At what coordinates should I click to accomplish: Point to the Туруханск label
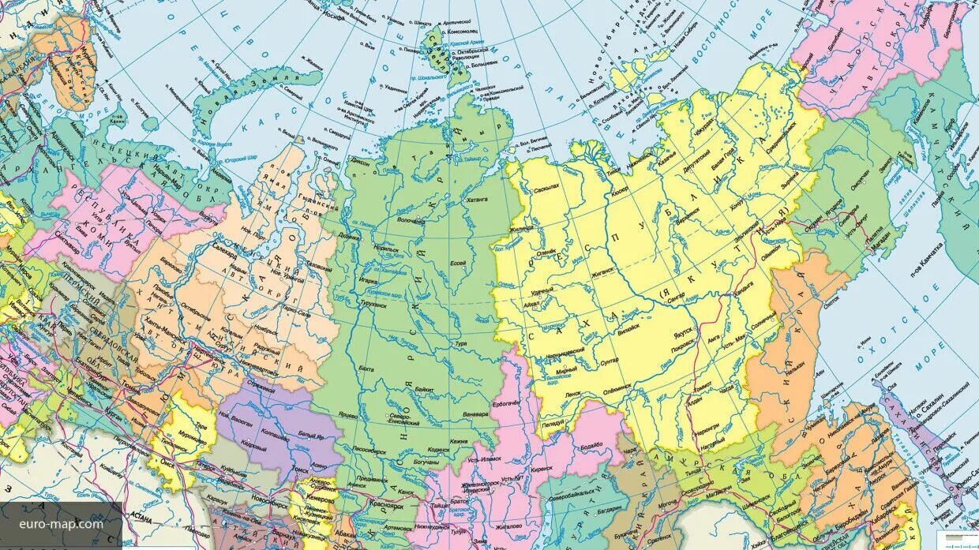(x=373, y=302)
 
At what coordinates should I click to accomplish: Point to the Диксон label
(x=360, y=160)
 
